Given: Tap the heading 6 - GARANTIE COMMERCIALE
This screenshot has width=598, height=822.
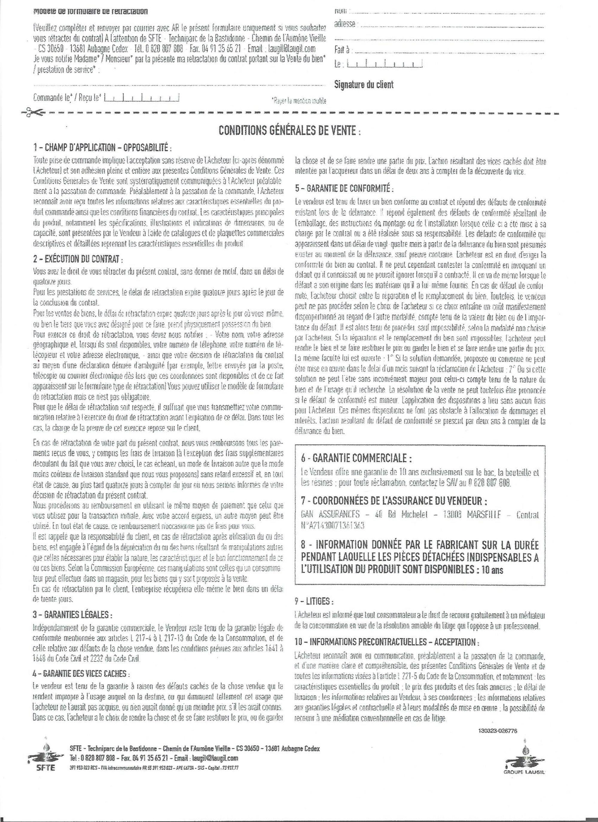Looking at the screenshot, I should [x=356, y=458].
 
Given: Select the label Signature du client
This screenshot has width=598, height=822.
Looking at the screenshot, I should [x=364, y=85].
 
